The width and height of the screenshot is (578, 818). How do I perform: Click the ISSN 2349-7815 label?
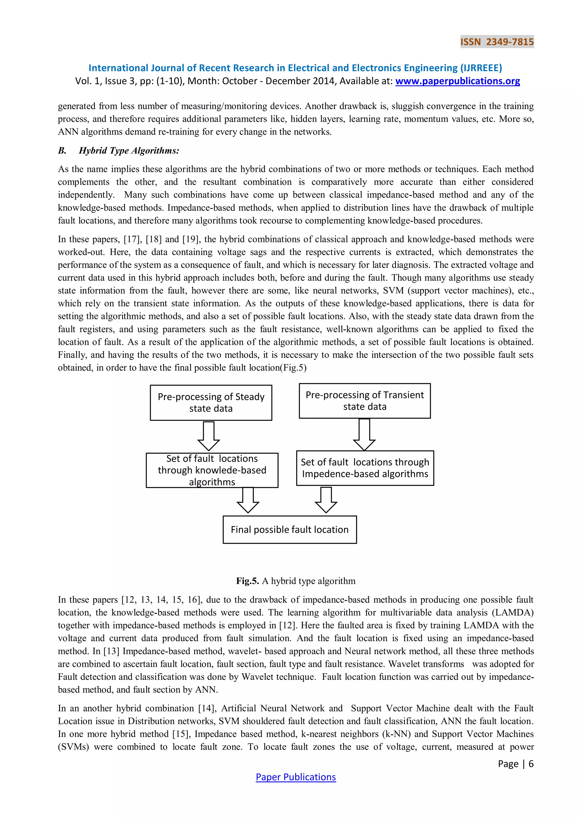(497, 42)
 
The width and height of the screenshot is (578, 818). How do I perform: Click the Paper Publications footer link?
(295, 777)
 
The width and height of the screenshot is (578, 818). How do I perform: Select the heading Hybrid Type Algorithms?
(129, 151)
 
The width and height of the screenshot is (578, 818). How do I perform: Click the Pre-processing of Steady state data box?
(211, 403)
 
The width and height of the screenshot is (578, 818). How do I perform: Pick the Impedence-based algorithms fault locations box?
(365, 468)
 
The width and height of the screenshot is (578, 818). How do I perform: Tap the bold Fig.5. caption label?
(247, 581)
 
